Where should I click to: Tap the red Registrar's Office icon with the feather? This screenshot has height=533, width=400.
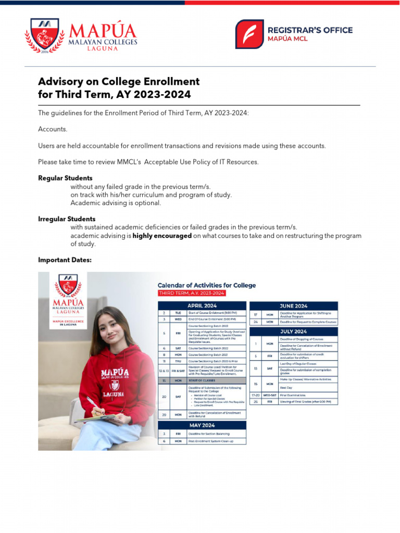(249, 34)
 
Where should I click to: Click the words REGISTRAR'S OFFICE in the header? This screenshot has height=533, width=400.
(309, 30)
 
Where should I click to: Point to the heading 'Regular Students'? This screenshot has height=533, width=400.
(65, 178)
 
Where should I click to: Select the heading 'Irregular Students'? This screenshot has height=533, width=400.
(67, 219)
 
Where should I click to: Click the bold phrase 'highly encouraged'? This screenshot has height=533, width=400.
(162, 236)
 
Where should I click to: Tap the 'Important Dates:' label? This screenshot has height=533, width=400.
(65, 260)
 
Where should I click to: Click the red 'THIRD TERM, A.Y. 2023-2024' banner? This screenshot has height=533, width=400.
(192, 294)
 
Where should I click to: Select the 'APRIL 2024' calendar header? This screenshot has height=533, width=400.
(202, 306)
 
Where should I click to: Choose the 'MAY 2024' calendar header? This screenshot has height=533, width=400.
(202, 425)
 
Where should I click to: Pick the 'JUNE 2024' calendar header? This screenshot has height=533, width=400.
(294, 306)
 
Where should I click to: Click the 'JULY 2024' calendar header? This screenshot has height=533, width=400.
(294, 331)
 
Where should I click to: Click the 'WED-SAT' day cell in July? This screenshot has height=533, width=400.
(270, 395)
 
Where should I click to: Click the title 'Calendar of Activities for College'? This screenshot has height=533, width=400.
(207, 285)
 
